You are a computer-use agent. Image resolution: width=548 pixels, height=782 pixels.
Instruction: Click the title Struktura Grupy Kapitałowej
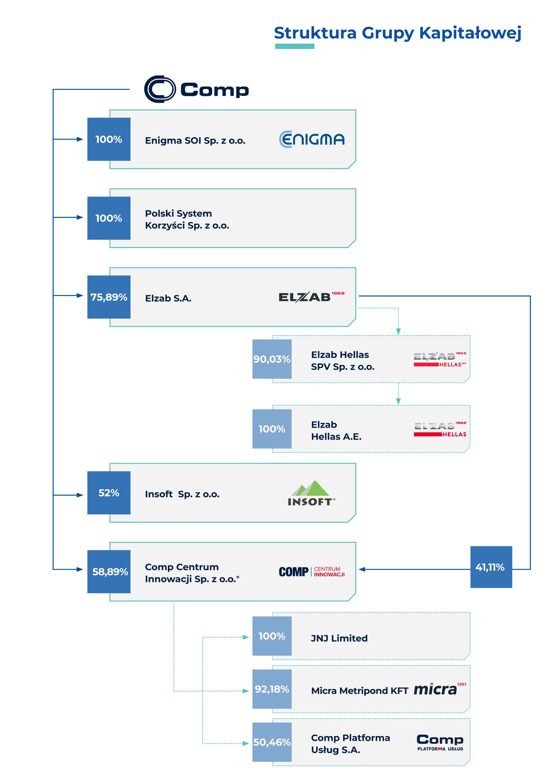(397, 33)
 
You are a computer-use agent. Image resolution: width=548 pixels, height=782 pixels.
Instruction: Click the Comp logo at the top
(196, 89)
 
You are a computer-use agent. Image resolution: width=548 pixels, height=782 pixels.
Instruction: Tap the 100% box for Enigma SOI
(109, 139)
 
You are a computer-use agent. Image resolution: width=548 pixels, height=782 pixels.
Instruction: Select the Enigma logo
(312, 139)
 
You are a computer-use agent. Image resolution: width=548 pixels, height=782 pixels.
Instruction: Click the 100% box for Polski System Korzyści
(109, 218)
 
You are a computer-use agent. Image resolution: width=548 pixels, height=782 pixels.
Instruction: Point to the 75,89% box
(109, 297)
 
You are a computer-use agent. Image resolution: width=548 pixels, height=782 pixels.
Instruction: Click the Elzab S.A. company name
(168, 298)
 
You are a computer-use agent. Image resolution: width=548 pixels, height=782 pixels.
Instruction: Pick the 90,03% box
(272, 359)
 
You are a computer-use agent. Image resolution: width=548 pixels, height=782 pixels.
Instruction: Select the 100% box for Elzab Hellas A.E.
(272, 429)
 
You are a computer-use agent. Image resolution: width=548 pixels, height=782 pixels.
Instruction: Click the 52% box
(109, 493)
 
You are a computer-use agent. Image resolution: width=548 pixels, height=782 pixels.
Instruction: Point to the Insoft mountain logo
(311, 493)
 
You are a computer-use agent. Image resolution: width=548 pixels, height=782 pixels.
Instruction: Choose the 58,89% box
(109, 572)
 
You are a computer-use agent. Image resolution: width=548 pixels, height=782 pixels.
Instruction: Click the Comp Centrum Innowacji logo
(312, 572)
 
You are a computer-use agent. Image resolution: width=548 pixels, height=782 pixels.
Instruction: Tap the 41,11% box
(491, 567)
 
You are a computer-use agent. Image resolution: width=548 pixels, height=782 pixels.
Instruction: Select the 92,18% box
(272, 689)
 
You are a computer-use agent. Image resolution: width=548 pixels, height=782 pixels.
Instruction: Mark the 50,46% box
(272, 742)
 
